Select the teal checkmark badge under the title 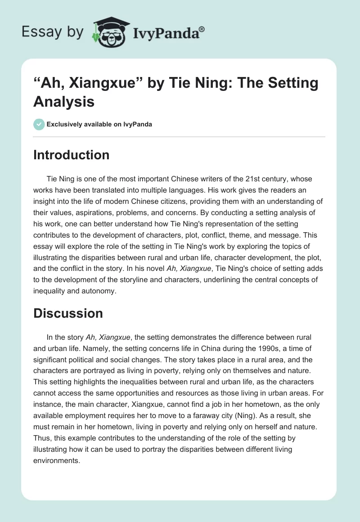pos(39,124)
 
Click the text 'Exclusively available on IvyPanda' pos(99,124)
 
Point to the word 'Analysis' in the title pos(64,102)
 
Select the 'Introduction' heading pos(71,155)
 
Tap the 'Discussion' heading pos(68,313)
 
